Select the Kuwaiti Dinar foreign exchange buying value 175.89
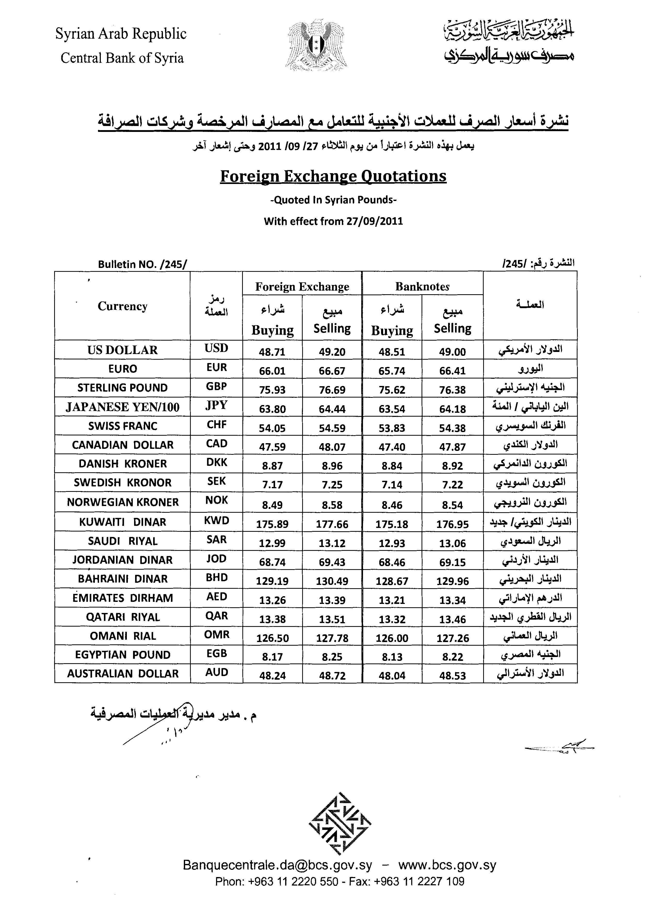tap(272, 524)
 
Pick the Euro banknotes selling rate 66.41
tap(452, 371)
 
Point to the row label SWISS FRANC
tap(122, 426)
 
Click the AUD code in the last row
tap(217, 672)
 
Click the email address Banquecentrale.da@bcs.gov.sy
tap(277, 865)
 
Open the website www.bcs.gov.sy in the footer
tap(447, 865)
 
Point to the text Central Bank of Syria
tap(122, 58)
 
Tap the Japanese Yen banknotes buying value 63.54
tap(392, 409)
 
